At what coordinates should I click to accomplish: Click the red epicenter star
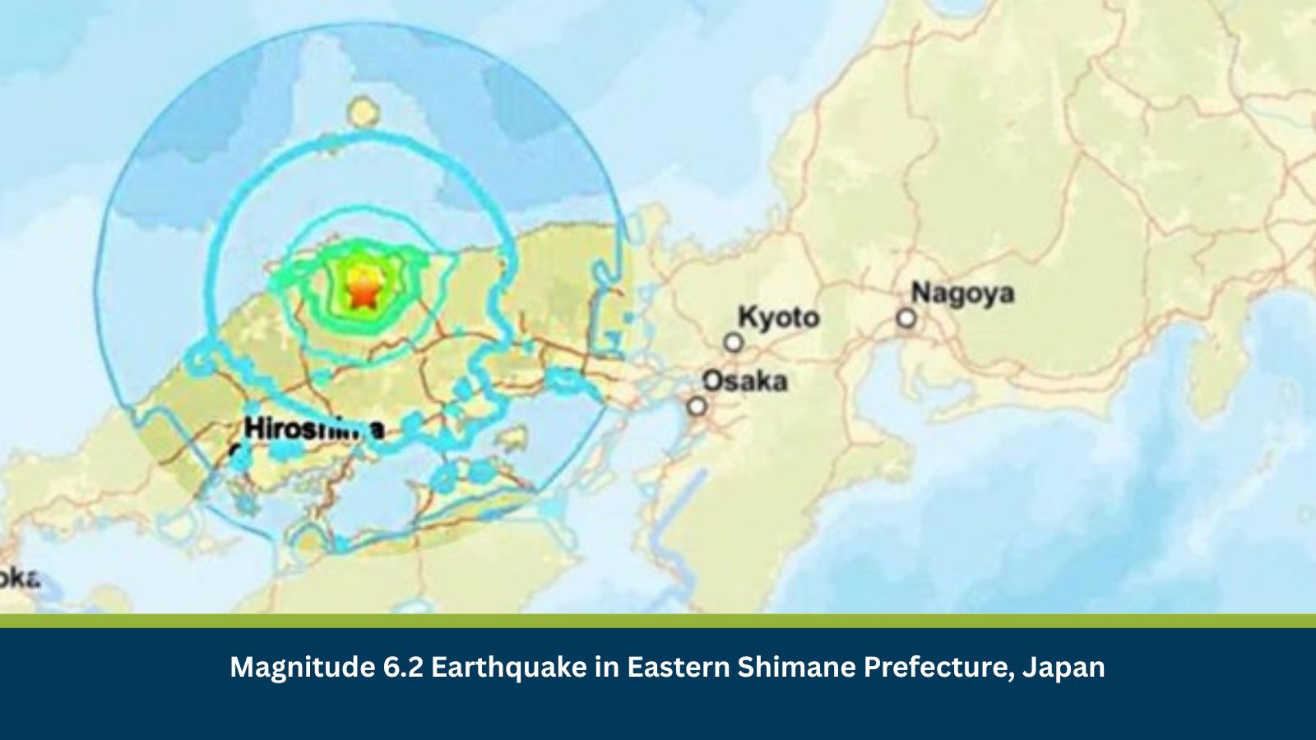click(x=360, y=294)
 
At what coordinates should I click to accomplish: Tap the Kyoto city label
click(x=778, y=317)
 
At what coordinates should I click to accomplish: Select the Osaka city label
click(x=744, y=381)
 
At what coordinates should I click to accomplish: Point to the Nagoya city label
click(x=962, y=293)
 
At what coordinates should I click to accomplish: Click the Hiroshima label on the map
click(x=313, y=428)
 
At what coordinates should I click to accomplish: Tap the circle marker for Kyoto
click(x=733, y=343)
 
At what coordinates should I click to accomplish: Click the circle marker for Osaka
click(x=697, y=406)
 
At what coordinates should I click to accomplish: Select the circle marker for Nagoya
click(x=906, y=318)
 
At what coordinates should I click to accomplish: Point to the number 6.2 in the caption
click(x=403, y=666)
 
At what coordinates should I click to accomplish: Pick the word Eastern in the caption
click(x=678, y=666)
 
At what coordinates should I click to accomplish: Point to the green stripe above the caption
click(x=658, y=621)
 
